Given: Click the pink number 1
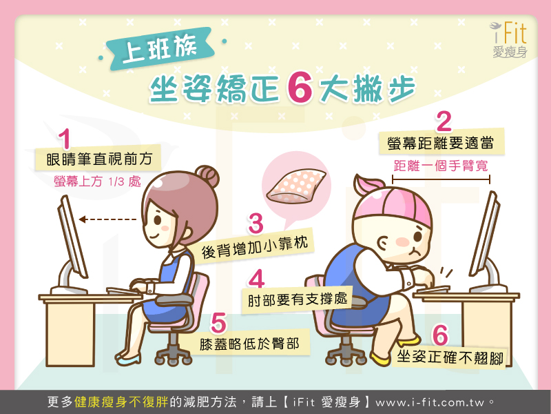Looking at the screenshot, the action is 65,139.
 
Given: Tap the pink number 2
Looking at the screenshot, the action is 444,121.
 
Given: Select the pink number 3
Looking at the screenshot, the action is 256,223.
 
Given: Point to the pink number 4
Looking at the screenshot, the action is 256,279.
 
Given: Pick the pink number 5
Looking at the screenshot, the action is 218,323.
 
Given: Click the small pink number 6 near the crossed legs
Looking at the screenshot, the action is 440,335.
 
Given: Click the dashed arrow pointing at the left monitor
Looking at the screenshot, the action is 107,219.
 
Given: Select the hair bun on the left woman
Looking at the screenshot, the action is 207,177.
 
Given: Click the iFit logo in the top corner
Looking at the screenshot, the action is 509,39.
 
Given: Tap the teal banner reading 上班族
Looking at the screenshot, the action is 159,49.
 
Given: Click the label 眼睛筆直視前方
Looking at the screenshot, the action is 99,159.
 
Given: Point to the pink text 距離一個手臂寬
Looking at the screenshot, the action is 441,166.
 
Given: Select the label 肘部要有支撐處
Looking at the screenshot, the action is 298,299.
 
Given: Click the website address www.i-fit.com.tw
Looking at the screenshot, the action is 429,402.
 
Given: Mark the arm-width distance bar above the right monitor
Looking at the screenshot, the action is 441,179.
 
